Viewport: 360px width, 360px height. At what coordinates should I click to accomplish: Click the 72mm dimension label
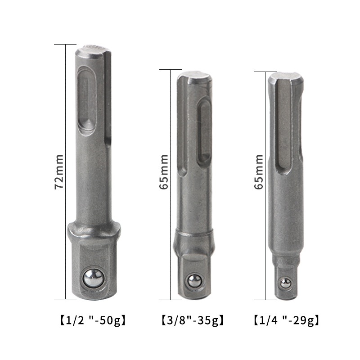[59, 172]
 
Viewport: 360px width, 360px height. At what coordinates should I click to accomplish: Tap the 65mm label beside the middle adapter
[164, 172]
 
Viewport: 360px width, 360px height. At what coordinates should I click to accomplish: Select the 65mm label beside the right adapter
[259, 172]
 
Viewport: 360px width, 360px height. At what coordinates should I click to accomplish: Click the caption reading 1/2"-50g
[93, 320]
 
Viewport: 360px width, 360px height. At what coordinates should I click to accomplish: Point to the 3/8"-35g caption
[193, 320]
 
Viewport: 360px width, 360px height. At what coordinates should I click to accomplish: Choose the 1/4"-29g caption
[287, 320]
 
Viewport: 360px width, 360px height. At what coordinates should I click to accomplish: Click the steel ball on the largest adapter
[94, 277]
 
